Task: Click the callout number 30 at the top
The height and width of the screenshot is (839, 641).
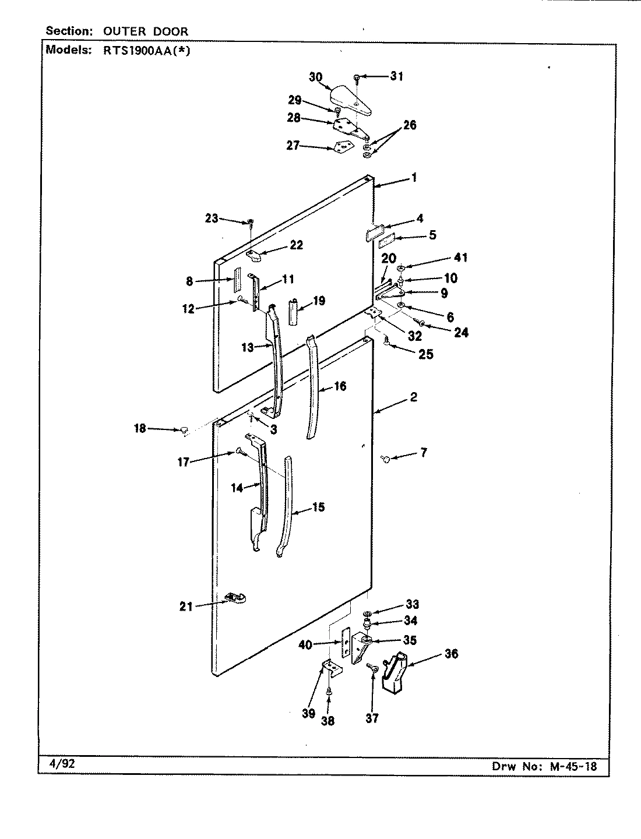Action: (x=315, y=77)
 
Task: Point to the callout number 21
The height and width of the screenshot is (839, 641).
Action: (x=186, y=607)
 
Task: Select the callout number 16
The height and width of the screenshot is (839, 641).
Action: (x=340, y=386)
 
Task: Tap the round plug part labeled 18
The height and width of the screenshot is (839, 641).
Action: (x=184, y=431)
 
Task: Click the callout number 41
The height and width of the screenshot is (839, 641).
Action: (x=460, y=258)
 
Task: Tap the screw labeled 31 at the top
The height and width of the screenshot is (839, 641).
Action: (x=356, y=77)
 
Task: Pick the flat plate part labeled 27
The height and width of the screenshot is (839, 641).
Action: (x=344, y=147)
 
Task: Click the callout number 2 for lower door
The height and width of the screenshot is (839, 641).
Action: (x=413, y=397)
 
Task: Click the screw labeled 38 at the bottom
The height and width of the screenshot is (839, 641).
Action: (x=329, y=692)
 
